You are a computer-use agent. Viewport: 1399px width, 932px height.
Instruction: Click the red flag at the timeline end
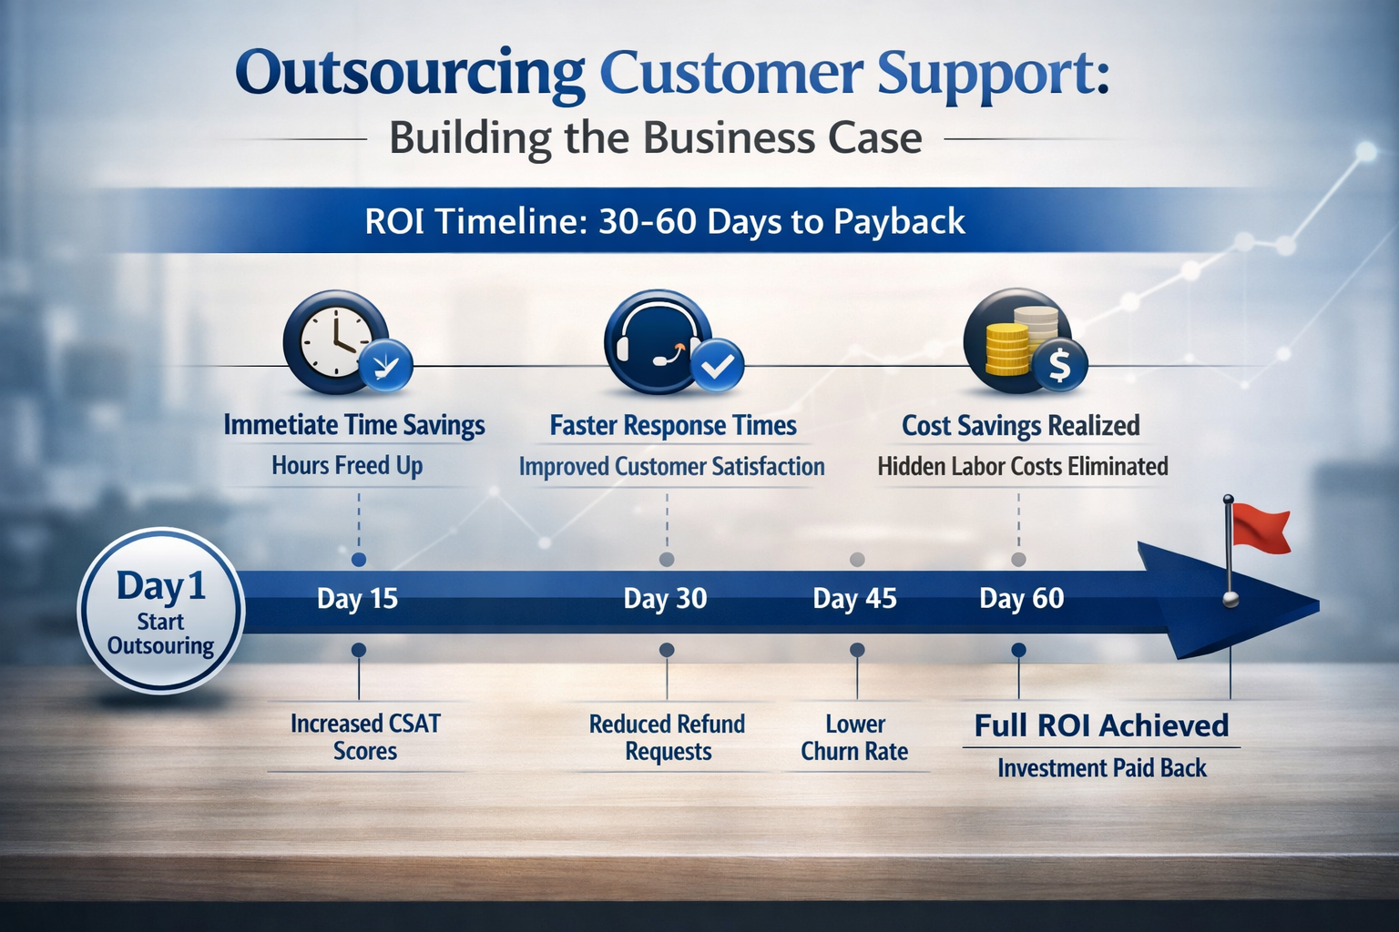(x=1261, y=530)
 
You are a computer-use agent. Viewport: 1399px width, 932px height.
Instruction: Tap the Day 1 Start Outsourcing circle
(x=161, y=611)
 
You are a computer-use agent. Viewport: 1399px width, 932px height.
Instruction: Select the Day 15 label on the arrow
(x=357, y=599)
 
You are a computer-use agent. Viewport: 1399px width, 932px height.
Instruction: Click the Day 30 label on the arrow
(x=665, y=599)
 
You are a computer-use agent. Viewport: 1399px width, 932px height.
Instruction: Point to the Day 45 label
(x=854, y=599)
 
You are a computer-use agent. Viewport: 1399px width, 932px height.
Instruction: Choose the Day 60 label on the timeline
(x=1021, y=599)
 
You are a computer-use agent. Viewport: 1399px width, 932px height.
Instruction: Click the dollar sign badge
(x=1059, y=365)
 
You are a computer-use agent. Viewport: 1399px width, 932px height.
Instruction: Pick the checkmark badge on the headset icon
(x=718, y=366)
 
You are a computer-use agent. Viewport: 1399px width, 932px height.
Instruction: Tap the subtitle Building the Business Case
(x=655, y=139)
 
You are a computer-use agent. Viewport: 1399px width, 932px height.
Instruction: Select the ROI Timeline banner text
(x=665, y=221)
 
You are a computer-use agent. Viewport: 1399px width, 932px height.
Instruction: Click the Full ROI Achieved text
(x=1101, y=725)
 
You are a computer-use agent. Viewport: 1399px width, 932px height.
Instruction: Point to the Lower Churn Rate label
(x=854, y=737)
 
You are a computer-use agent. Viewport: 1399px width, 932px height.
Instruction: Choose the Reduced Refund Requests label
(x=668, y=737)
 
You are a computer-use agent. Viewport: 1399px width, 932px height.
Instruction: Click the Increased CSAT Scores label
(x=365, y=737)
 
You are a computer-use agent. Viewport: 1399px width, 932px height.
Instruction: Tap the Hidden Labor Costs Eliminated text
(x=1022, y=467)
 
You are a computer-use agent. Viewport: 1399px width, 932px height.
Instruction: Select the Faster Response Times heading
(x=673, y=426)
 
